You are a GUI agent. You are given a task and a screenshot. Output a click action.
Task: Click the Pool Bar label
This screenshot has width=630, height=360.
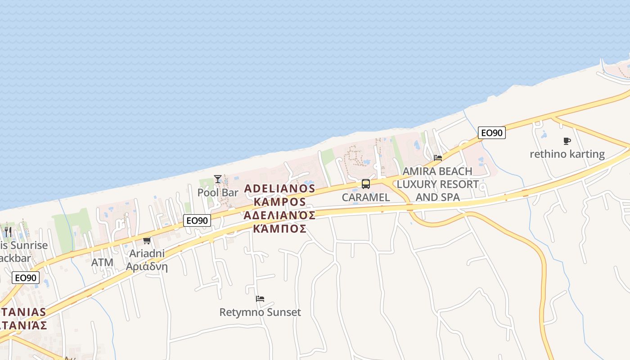pos(218,193)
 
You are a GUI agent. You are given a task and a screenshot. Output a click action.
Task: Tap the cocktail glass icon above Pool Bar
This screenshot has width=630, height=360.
pos(218,179)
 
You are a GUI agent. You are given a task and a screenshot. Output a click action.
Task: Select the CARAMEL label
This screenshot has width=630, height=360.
pos(366,197)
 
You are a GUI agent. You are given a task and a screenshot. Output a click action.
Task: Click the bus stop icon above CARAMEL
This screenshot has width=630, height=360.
pos(366,184)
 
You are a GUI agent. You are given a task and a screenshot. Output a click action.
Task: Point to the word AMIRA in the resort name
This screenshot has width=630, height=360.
pos(418,171)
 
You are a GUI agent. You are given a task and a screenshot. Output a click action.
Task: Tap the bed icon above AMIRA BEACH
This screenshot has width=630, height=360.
pos(438,158)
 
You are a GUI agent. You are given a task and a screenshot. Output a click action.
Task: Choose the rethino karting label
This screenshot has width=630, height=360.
pos(567,154)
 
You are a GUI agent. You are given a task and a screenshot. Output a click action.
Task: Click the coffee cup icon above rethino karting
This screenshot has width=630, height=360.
pos(567,141)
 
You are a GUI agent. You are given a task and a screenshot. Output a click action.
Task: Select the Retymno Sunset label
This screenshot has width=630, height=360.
pos(260,312)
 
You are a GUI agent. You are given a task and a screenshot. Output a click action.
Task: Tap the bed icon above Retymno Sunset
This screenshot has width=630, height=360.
pos(260,298)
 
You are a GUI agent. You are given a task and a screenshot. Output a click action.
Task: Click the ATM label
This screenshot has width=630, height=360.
pos(102,262)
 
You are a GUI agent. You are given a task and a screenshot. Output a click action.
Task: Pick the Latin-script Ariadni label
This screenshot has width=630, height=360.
pos(147,253)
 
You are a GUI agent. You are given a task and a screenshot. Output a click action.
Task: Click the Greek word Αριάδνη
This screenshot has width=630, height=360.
pos(147,266)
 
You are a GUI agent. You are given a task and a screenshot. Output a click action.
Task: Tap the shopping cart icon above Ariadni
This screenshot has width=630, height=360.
pos(147,241)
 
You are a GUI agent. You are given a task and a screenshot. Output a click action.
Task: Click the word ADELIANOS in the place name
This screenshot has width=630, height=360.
pos(279,188)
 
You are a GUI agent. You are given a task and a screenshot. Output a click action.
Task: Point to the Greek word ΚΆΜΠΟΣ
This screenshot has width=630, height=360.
pos(279,229)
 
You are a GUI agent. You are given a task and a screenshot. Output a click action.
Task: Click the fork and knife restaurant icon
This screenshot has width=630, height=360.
pos(8,232)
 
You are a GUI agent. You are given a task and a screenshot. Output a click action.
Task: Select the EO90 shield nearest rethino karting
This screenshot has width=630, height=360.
pos(491,133)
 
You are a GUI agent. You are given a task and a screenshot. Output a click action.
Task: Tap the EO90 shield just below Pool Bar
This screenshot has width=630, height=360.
pos(197,220)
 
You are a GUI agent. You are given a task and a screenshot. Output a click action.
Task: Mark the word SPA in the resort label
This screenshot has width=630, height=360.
pos(450,197)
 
